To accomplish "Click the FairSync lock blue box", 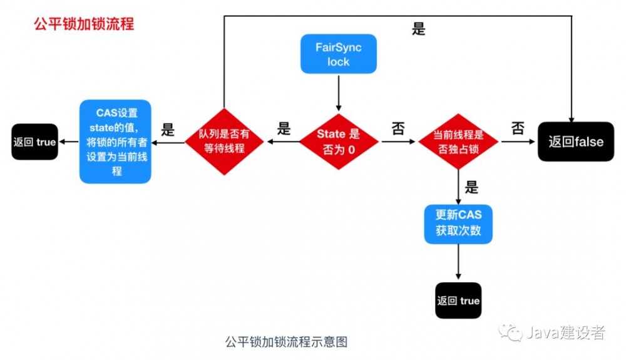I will pyautogui.click(x=338, y=54).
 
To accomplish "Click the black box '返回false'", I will pyautogui.click(x=576, y=141).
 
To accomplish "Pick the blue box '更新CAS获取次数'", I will pyautogui.click(x=458, y=224).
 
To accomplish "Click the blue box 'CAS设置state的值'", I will pyautogui.click(x=116, y=141).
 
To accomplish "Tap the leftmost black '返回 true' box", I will pyautogui.click(x=34, y=142).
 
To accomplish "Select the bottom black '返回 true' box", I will pyautogui.click(x=458, y=301).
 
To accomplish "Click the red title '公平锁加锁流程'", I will pyautogui.click(x=84, y=25).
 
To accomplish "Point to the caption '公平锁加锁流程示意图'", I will pyautogui.click(x=285, y=342).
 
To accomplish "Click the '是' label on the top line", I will pyautogui.click(x=419, y=29).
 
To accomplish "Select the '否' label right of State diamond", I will pyautogui.click(x=398, y=129).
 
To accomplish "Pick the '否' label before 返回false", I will pyautogui.click(x=518, y=129).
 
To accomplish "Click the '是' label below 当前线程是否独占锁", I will pyautogui.click(x=471, y=187).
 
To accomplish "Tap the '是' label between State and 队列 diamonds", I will pyautogui.click(x=284, y=129).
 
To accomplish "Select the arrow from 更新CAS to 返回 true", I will pyautogui.click(x=458, y=262).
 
